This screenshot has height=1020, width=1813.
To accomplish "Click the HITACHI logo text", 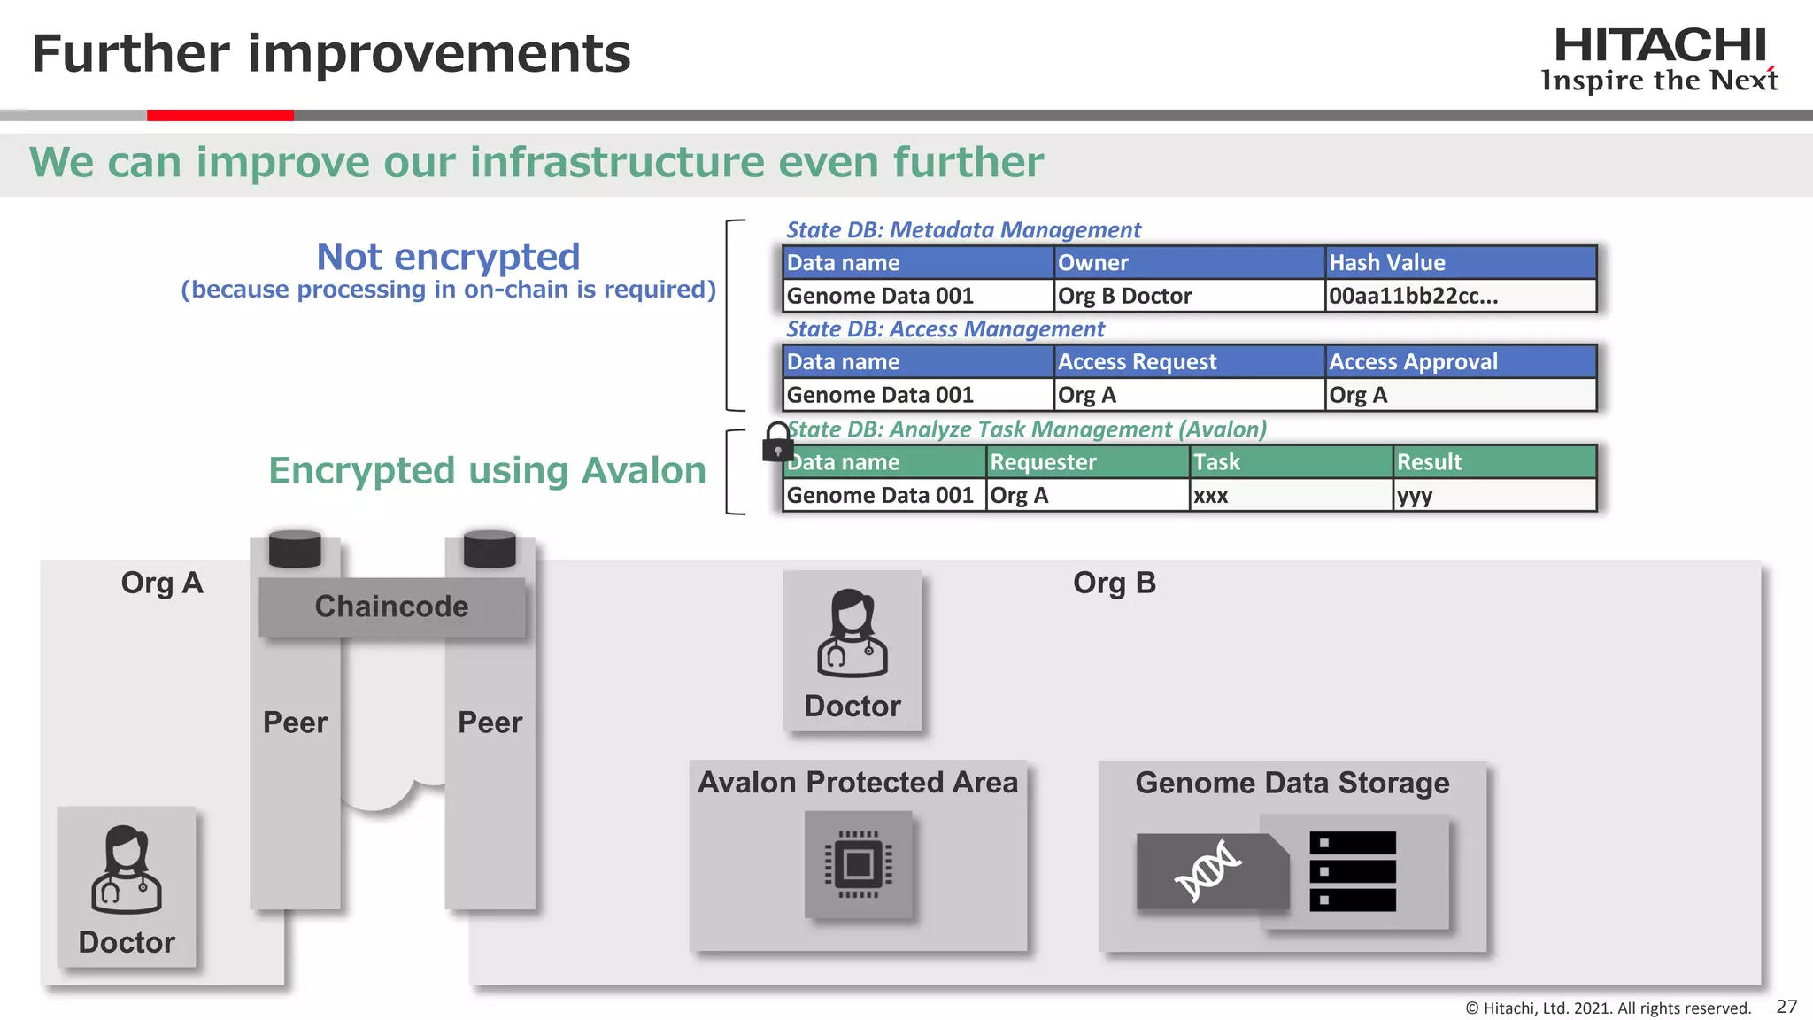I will point(1660,46).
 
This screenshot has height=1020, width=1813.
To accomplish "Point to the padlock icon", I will point(778,442).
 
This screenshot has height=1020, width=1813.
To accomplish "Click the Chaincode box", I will point(391,607).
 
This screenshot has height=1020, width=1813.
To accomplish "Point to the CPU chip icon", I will point(858,864).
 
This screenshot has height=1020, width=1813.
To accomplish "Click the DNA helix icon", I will point(1208,871).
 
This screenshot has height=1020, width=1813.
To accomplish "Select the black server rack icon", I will point(1352,871).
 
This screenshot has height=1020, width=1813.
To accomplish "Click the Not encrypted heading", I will point(448,258).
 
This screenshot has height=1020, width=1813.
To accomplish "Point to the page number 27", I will point(1786,1007).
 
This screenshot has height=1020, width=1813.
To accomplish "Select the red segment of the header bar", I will point(220,115).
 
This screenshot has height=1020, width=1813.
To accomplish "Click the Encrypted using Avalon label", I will point(487,471).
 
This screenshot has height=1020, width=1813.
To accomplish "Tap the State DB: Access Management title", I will point(945,329).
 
